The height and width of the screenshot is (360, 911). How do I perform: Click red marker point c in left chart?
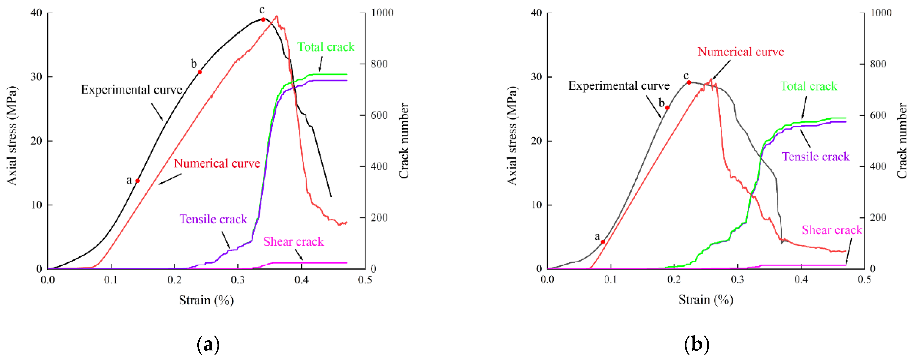coord(263,19)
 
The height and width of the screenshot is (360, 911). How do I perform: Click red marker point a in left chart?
coord(138,181)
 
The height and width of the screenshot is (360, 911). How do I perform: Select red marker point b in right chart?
coord(667,108)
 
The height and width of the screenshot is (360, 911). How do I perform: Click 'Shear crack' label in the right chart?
coord(831,230)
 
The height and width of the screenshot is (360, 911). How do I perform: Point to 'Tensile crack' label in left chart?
coord(213,219)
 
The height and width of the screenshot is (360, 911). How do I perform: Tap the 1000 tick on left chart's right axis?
coord(382,13)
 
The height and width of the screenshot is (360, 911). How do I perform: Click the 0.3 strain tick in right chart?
coord(737,280)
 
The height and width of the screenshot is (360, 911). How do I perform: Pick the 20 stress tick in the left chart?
coord(37,141)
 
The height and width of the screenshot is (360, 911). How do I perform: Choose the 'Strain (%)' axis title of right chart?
coord(706,300)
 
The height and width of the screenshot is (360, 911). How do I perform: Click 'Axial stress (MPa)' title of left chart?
coord(12,135)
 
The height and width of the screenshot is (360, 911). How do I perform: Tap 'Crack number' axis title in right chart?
coord(902,141)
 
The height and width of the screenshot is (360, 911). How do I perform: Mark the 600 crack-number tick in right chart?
coord(878,115)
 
